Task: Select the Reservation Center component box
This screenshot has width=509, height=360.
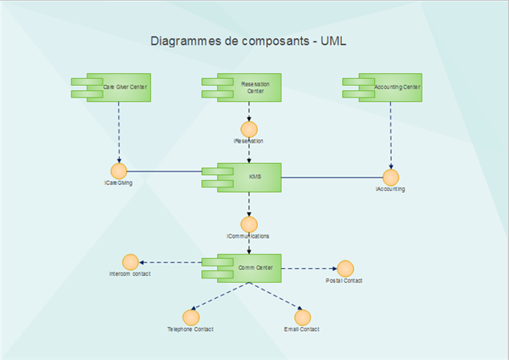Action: [x=253, y=87]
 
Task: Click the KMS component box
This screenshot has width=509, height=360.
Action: [x=253, y=177]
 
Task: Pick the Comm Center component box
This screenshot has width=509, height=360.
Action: [x=253, y=267]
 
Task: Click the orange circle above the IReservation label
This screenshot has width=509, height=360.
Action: [x=249, y=128]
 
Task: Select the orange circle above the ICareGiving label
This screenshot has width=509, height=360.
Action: [x=119, y=170]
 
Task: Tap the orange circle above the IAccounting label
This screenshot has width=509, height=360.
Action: [x=390, y=177]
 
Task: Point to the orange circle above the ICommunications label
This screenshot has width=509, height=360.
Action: [x=249, y=224]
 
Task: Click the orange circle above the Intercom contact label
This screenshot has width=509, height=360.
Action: [x=130, y=262]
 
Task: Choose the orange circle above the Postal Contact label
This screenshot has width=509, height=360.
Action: [x=344, y=267]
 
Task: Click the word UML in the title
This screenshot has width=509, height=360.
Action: [x=333, y=40]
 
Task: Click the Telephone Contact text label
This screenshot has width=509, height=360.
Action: [x=191, y=329]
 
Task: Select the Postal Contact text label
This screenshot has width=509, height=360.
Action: [x=344, y=280]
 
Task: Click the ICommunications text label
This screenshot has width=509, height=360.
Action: [x=249, y=236]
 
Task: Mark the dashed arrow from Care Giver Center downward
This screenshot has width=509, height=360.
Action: [x=119, y=132]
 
